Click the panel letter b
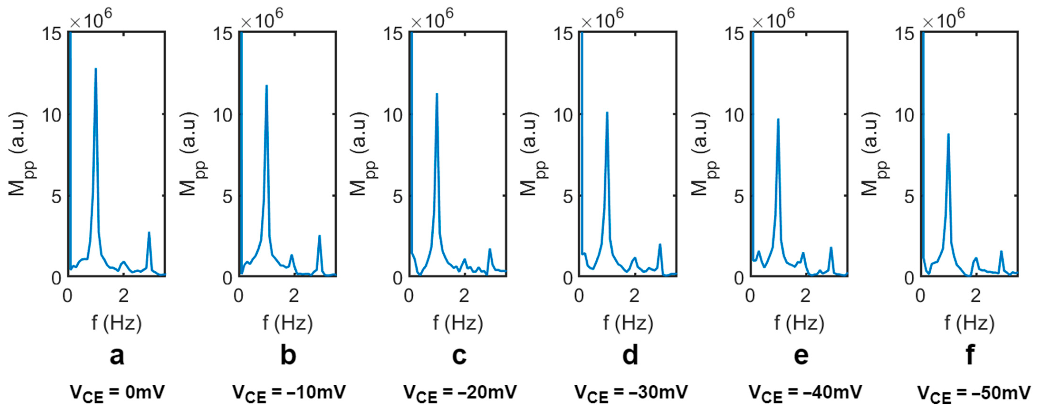click(288, 355)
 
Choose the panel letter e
click(801, 355)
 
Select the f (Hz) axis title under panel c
click(458, 323)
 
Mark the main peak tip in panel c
click(436, 94)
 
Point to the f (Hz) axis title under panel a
click(117, 323)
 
